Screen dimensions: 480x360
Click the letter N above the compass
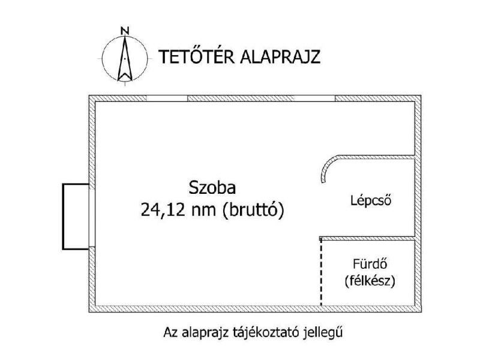(125, 31)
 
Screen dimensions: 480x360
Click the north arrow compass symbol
(125, 58)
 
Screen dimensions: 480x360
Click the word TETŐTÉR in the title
(196, 56)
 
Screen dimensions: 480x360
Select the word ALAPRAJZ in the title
(280, 57)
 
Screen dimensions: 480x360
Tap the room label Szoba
(212, 188)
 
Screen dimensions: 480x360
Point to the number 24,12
(163, 211)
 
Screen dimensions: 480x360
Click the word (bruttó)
(253, 211)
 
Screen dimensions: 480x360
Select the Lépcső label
(371, 200)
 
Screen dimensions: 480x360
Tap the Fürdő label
(370, 263)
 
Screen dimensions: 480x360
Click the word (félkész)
(370, 281)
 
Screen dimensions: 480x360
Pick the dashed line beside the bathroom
(321, 272)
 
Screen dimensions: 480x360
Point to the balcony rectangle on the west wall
(63, 217)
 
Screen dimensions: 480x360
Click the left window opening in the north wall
(167, 98)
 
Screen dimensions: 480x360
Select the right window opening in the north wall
(314, 98)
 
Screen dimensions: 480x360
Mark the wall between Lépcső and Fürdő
(367, 238)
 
